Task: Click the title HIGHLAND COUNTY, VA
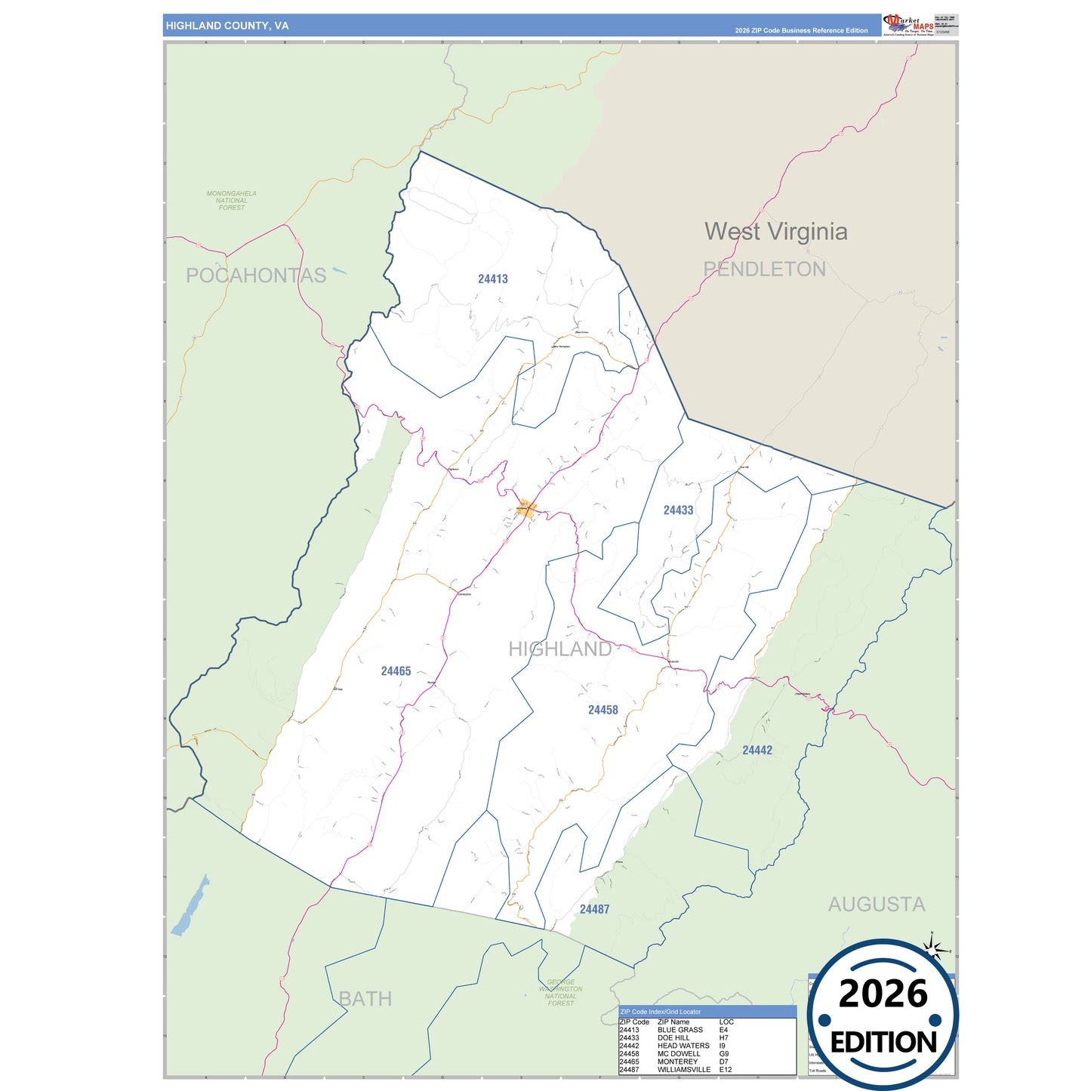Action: click(227, 26)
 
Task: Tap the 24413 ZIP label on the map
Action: click(493, 279)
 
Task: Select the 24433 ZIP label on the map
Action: click(678, 510)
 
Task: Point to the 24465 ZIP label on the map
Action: click(396, 671)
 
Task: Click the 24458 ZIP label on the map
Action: click(603, 710)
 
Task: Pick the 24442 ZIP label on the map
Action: click(757, 750)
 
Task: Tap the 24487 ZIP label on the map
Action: click(594, 909)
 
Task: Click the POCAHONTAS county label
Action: click(256, 276)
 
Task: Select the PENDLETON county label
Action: click(764, 270)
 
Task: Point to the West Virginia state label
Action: click(775, 232)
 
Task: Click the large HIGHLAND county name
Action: click(559, 649)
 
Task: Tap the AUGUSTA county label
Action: click(876, 904)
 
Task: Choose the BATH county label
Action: click(365, 999)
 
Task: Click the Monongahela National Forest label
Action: click(232, 200)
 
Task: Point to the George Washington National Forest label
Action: click(560, 993)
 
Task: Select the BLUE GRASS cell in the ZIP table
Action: click(680, 1030)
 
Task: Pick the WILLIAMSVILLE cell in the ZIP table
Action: click(683, 1069)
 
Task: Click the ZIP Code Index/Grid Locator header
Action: click(660, 1012)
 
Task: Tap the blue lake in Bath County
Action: click(190, 906)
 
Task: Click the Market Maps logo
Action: click(908, 24)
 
